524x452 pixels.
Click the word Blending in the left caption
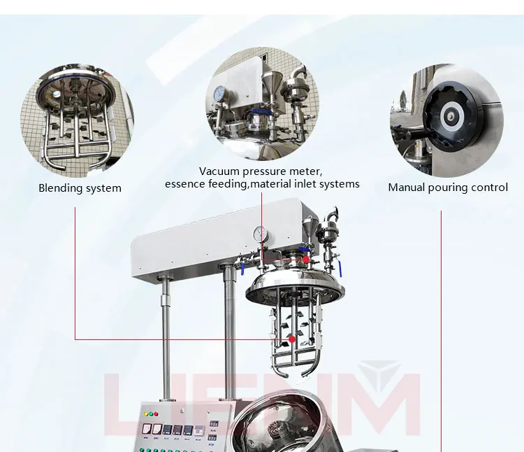coord(60,188)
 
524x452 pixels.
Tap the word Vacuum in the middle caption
coord(217,171)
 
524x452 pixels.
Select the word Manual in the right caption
coord(406,188)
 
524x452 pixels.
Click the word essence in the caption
coord(184,184)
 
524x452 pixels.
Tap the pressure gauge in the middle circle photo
coord(219,93)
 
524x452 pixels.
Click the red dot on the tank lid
coord(305,260)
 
